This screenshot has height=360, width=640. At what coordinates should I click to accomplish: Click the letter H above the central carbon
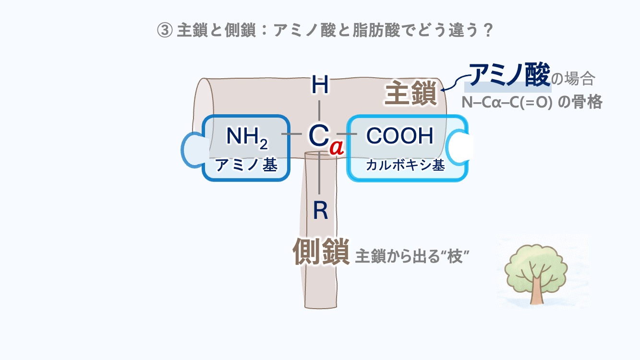tap(320, 86)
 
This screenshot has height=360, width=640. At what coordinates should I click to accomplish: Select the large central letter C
tap(318, 136)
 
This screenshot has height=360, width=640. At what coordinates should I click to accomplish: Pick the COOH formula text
tap(399, 136)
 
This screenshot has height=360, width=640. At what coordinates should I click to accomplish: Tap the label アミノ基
tap(246, 165)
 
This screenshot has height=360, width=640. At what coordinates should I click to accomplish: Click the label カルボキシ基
tap(405, 165)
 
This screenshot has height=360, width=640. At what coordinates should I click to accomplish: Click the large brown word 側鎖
tap(321, 252)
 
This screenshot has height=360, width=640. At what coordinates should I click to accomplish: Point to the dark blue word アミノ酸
tap(509, 76)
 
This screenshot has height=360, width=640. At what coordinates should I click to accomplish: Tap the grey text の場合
tap(574, 78)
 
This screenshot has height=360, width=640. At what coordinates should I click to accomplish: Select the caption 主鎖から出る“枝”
tap(411, 257)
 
